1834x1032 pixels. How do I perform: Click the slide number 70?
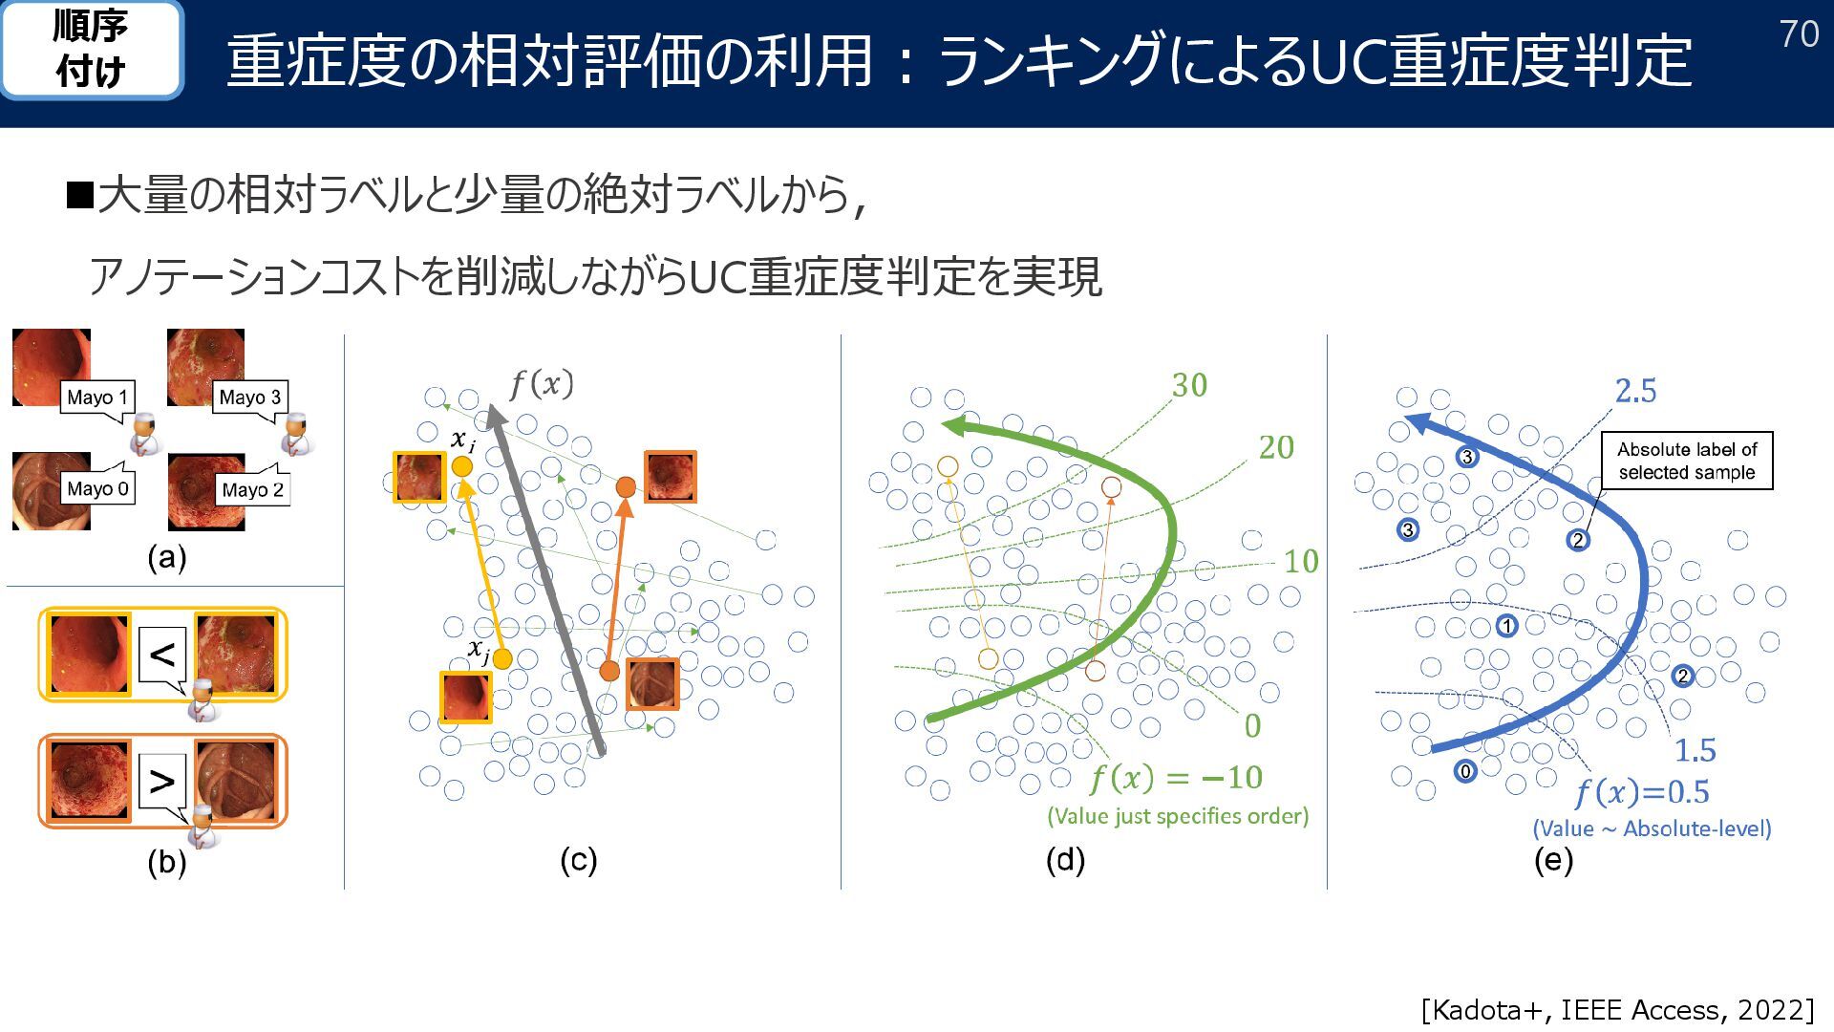(x=1799, y=34)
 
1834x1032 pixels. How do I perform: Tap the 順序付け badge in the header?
(x=91, y=50)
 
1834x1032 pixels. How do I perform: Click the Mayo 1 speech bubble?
(x=97, y=398)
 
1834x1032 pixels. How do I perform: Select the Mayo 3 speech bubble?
(x=250, y=398)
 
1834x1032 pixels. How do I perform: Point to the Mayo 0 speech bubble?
(x=97, y=489)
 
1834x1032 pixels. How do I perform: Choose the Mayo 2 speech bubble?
(x=252, y=490)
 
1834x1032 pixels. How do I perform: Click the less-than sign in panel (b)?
(x=162, y=655)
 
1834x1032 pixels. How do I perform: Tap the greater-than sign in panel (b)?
(x=162, y=782)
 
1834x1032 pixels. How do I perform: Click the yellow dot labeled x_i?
(x=462, y=466)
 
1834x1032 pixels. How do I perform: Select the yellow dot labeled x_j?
(x=502, y=658)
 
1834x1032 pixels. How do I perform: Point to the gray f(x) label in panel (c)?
(x=541, y=384)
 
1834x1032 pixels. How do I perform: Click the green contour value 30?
(x=1189, y=385)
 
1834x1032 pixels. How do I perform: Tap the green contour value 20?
(x=1276, y=447)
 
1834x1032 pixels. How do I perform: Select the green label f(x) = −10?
(x=1177, y=778)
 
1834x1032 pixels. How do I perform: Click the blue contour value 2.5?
(x=1635, y=391)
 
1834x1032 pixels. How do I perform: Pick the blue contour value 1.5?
(x=1695, y=750)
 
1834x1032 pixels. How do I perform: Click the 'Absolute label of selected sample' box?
(x=1687, y=461)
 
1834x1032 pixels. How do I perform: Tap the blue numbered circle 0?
(x=1465, y=771)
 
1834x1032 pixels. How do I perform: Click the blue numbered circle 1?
(x=1506, y=627)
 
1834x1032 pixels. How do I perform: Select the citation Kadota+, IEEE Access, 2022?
(x=1617, y=1009)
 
